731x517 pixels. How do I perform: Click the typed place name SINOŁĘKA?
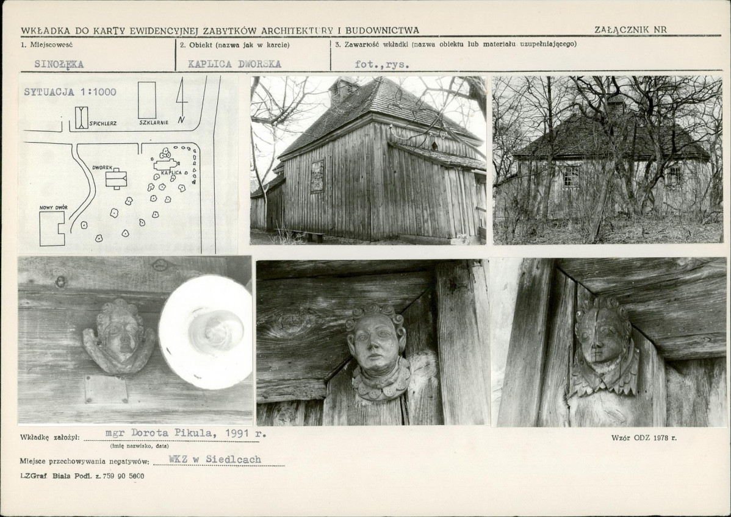[59, 64]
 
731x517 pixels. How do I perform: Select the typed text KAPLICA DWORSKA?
[234, 64]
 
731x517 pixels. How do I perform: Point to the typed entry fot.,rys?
[382, 64]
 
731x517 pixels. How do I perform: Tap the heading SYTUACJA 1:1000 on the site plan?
[70, 92]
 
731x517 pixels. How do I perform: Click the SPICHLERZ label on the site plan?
[103, 123]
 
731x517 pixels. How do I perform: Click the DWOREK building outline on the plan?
[116, 179]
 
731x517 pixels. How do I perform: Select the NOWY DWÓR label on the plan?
[54, 207]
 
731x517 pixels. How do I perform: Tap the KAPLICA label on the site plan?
[171, 173]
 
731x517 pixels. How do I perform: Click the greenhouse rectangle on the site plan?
[147, 100]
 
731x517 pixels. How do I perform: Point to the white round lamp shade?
[206, 332]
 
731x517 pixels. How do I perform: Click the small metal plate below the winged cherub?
[106, 390]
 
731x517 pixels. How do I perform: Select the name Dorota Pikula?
[173, 433]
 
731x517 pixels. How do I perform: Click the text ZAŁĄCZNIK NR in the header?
[630, 29]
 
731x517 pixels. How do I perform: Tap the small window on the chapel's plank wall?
[317, 176]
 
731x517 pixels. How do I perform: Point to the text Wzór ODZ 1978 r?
[644, 438]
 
